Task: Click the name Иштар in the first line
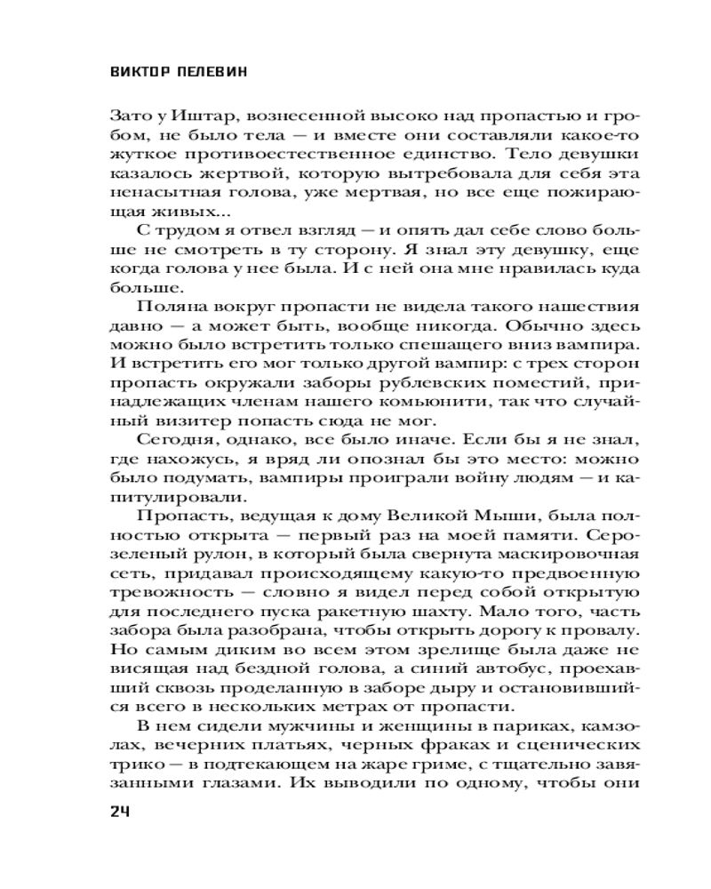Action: pos(188,116)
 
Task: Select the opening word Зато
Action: pos(127,116)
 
